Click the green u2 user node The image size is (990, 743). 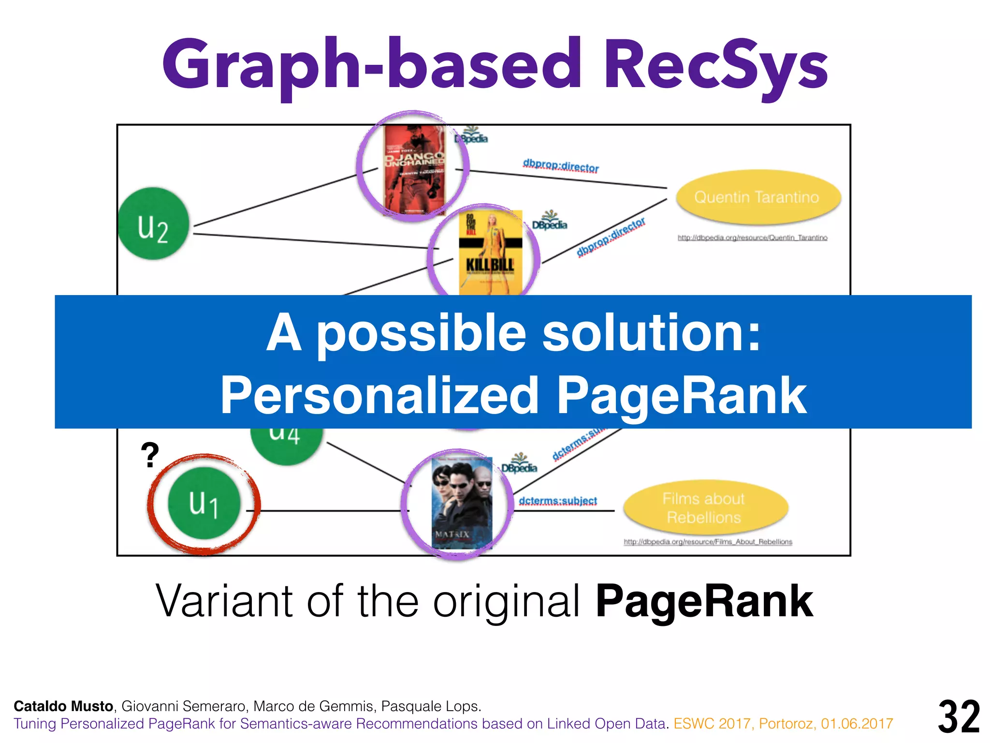[x=153, y=223]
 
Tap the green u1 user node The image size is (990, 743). [x=204, y=503]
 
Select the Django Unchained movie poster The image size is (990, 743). [x=414, y=169]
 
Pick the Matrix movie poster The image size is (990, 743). [x=461, y=503]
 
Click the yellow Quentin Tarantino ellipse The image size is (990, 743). [x=757, y=197]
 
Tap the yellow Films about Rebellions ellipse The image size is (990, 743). [x=704, y=508]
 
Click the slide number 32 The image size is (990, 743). [x=959, y=716]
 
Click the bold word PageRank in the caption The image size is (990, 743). [x=704, y=601]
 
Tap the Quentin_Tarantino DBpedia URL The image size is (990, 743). [x=752, y=238]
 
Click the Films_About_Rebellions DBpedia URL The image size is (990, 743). [x=708, y=542]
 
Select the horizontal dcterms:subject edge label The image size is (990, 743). [x=558, y=501]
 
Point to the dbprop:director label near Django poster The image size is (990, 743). [x=561, y=166]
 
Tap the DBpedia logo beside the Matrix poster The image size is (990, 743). [x=519, y=464]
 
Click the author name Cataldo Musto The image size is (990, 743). [x=63, y=706]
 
